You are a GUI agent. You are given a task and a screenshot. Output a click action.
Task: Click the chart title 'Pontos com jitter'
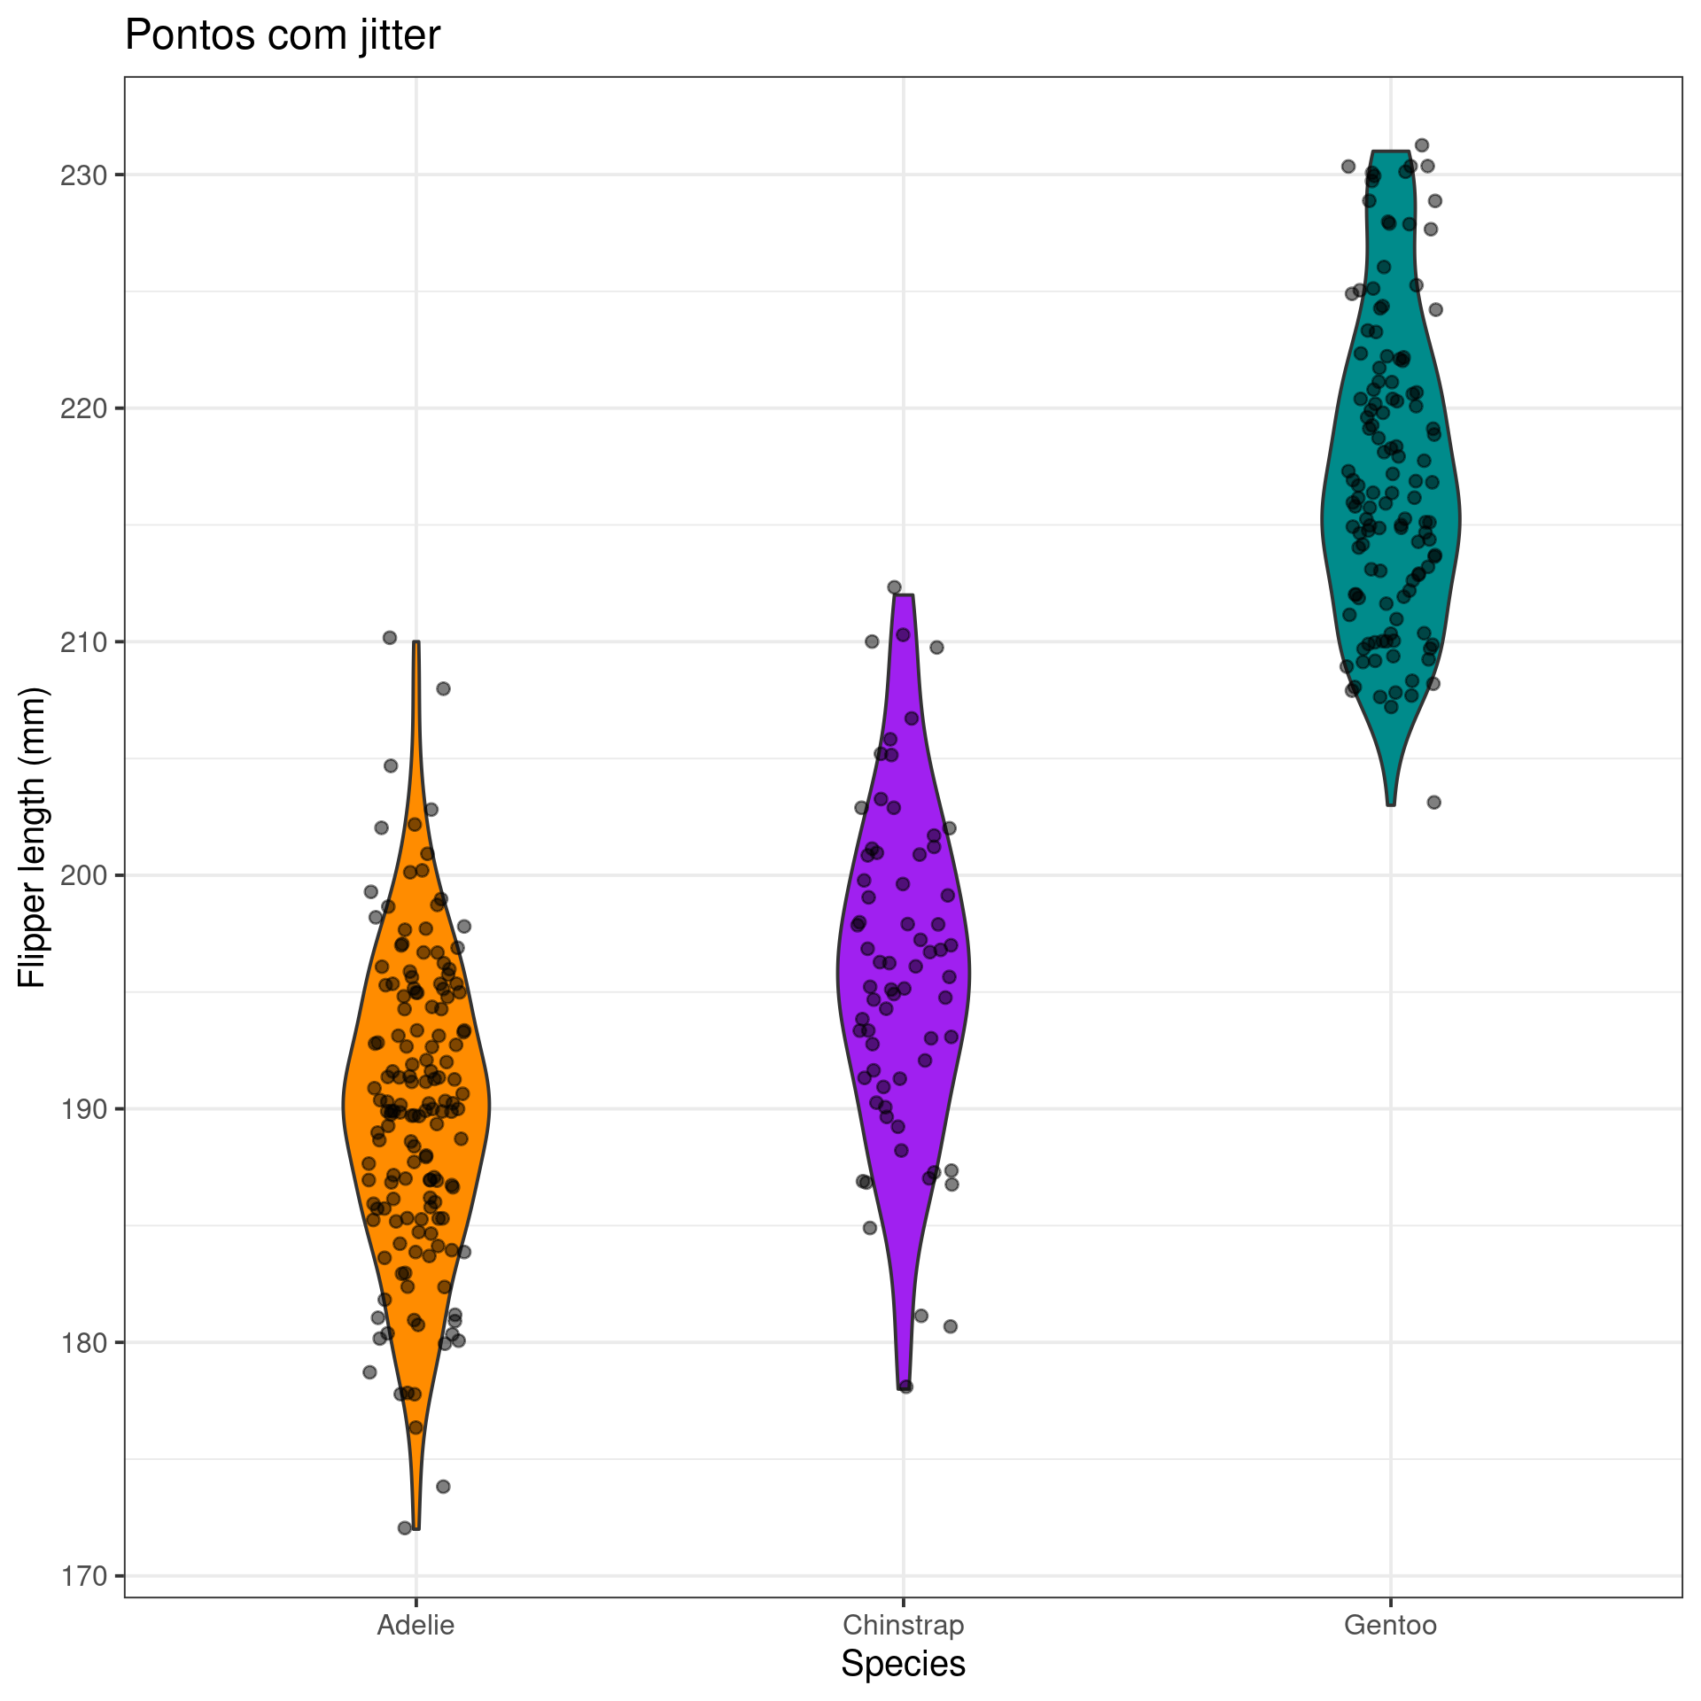[282, 36]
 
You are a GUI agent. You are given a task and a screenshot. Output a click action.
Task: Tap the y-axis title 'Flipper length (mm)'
[32, 836]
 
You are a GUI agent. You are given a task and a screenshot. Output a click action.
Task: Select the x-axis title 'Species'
[903, 1664]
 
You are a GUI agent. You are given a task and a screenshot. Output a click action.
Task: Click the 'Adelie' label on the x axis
[416, 1626]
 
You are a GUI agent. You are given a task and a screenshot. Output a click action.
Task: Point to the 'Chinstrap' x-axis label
[903, 1626]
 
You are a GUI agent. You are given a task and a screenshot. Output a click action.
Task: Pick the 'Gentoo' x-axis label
[1390, 1626]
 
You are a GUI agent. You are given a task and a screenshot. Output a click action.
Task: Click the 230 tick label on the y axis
[83, 175]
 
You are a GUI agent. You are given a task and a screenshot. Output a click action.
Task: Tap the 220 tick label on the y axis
[83, 408]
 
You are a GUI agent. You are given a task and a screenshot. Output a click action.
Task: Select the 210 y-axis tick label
[83, 641]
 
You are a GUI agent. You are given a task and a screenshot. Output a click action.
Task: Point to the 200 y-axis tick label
[83, 875]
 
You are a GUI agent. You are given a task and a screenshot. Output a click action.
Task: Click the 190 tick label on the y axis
[83, 1108]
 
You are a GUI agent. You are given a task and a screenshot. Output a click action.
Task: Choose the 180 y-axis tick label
[83, 1342]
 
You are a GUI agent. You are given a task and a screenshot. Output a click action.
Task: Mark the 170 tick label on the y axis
[83, 1576]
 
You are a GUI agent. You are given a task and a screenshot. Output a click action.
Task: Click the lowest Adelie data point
[405, 1527]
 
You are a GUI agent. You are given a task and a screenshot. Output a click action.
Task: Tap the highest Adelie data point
[389, 637]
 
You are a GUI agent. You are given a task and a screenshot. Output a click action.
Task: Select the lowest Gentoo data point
[1433, 802]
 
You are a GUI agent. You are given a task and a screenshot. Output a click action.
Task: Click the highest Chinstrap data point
[894, 587]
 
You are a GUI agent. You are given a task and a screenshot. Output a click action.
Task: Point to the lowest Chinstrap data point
[905, 1386]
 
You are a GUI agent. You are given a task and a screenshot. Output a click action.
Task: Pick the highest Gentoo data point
[1421, 145]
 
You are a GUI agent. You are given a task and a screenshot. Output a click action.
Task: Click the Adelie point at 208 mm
[443, 688]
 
